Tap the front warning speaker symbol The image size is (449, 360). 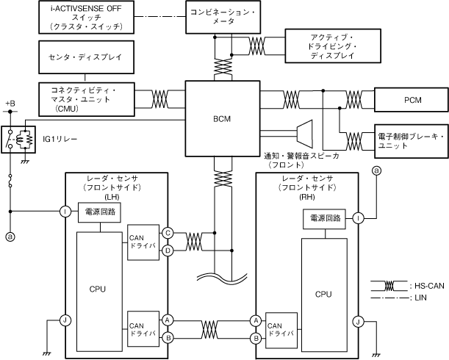tap(301, 132)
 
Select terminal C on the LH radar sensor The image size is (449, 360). tap(168, 232)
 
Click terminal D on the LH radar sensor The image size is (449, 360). tap(168, 251)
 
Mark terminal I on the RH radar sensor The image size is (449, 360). tap(358, 218)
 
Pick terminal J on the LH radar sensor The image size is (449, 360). tap(65, 320)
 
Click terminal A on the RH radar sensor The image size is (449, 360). tap(256, 320)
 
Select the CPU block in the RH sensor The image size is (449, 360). tap(324, 292)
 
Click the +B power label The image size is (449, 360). tap(10, 104)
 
